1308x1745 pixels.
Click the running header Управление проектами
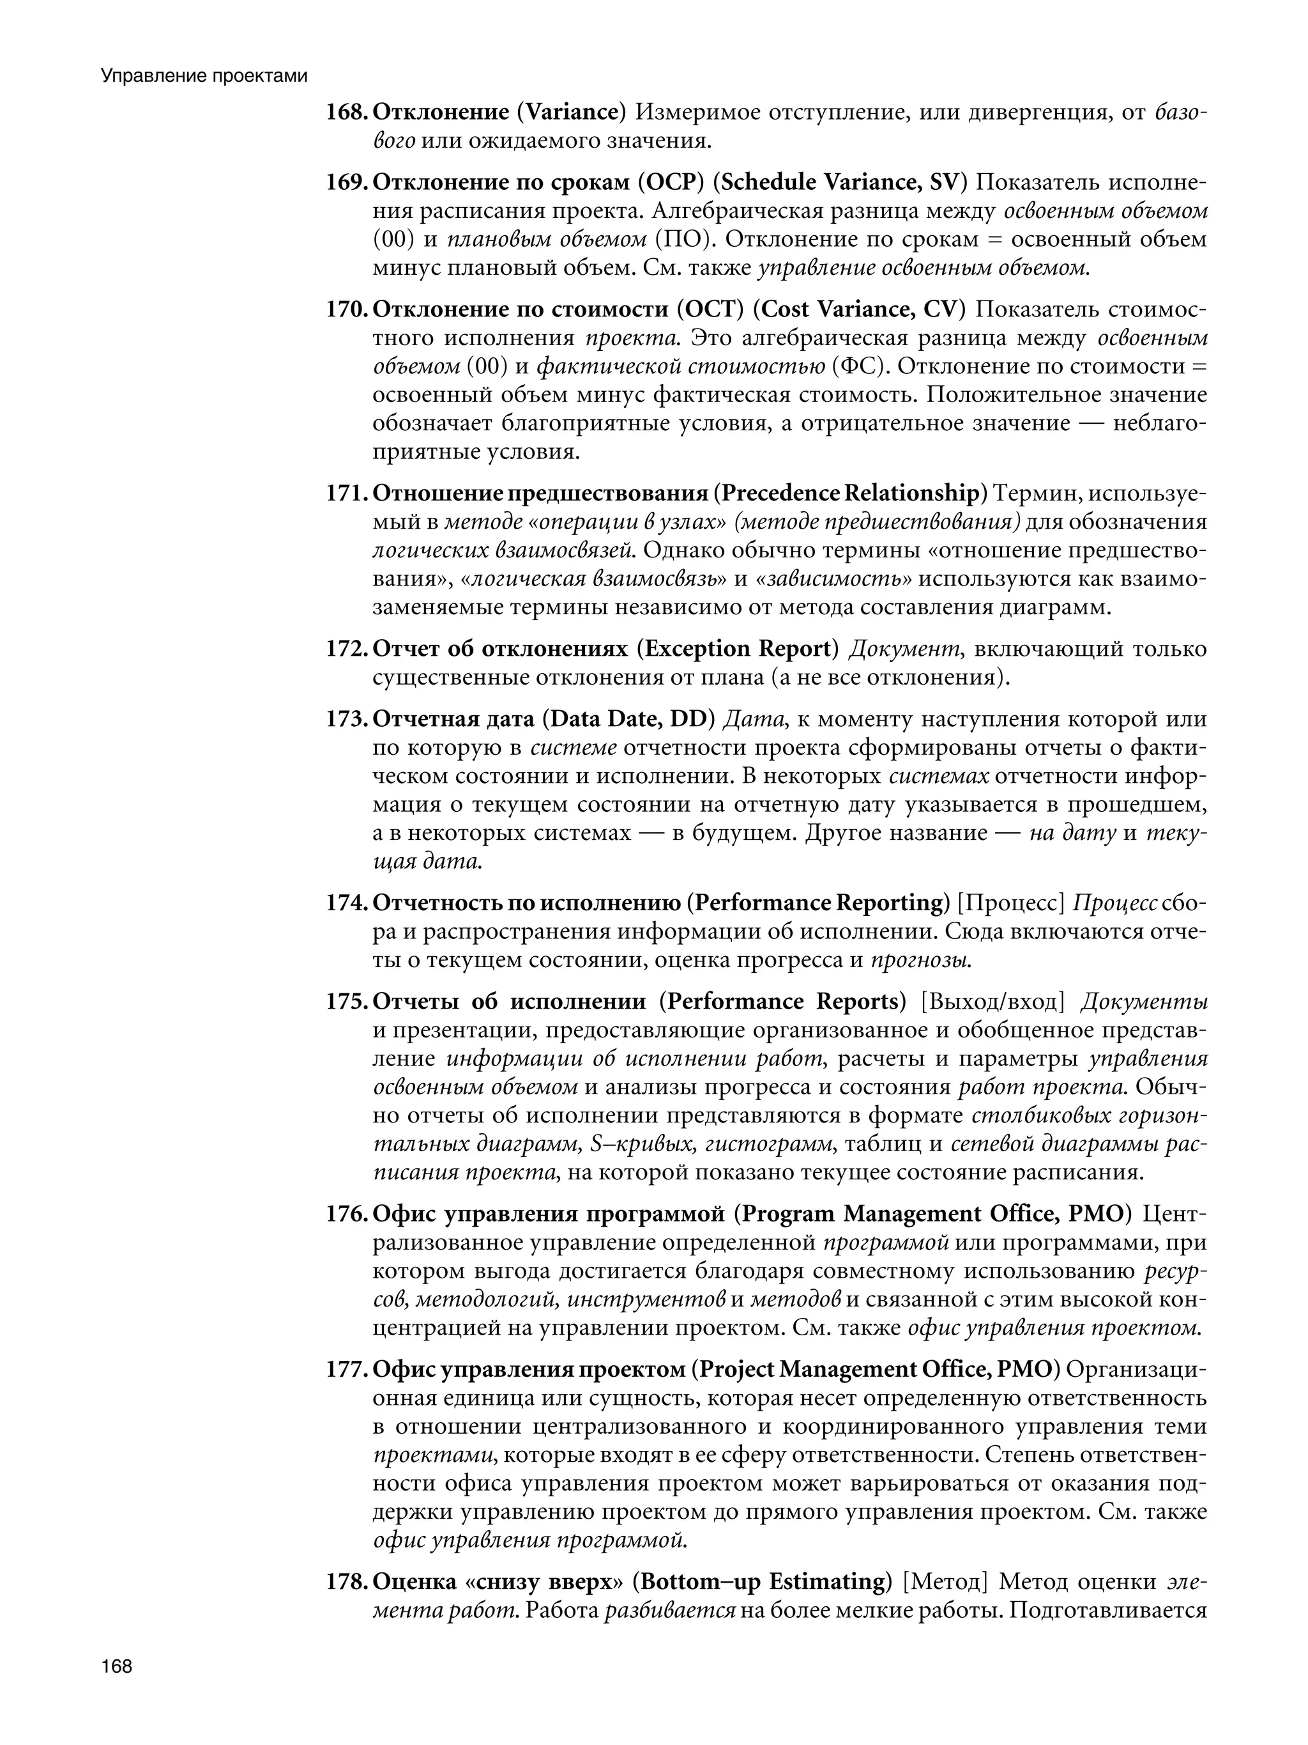pyautogui.click(x=203, y=77)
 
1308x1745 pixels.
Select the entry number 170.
pyautogui.click(x=346, y=309)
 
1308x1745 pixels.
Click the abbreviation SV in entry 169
pyautogui.click(x=944, y=182)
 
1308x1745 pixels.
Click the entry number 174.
pyautogui.click(x=346, y=903)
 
